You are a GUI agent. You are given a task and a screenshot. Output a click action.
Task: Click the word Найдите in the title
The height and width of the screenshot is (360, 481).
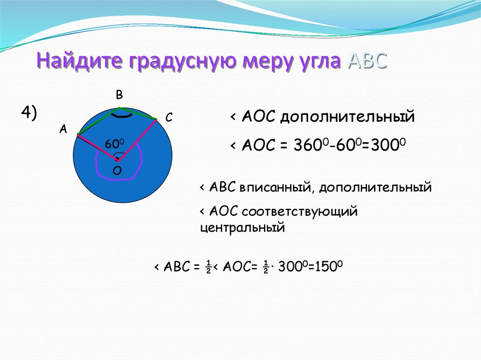(80, 60)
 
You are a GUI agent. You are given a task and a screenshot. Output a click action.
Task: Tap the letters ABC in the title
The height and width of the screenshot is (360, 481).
(367, 60)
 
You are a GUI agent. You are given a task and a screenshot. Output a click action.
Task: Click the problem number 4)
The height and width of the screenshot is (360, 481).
(29, 112)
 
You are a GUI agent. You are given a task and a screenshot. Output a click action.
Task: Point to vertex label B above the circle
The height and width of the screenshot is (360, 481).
(119, 95)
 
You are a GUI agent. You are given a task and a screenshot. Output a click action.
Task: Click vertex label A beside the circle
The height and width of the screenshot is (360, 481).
(63, 130)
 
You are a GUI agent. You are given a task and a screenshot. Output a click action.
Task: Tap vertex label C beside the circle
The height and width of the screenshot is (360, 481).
(169, 117)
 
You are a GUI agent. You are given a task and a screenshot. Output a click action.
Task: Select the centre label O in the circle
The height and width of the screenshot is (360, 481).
(117, 170)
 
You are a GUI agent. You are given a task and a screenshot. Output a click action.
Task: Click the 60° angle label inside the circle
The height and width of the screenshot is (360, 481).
(115, 144)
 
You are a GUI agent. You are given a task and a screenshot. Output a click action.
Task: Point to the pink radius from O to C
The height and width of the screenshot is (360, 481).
(137, 140)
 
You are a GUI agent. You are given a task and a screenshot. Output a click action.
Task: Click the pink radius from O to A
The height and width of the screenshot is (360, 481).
(98, 147)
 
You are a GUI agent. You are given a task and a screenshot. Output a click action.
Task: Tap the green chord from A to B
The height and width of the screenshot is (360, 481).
(98, 121)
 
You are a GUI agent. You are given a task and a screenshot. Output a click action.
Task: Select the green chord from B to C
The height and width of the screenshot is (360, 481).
(139, 113)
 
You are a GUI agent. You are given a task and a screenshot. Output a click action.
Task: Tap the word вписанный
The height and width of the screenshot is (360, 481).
(275, 187)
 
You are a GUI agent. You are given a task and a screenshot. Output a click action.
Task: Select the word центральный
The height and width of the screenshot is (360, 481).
(242, 228)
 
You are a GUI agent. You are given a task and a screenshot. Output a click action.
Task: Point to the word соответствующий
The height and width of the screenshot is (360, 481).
(300, 212)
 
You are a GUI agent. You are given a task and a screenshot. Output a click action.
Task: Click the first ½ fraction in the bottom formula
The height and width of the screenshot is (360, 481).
(209, 267)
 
